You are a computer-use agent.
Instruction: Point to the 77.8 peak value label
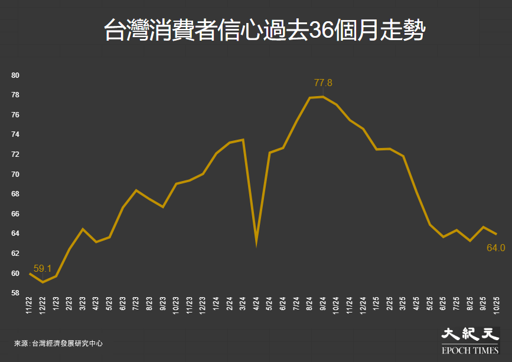coord(323,83)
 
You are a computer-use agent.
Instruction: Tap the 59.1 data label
coord(43,269)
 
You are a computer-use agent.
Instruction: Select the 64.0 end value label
coord(495,248)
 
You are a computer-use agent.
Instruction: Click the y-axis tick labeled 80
coord(16,75)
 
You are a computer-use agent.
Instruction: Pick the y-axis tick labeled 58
coord(16,293)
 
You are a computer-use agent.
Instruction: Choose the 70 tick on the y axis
coord(16,175)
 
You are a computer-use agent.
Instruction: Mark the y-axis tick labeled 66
coord(16,214)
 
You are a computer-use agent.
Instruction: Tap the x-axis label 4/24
coord(256,305)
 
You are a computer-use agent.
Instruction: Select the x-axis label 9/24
coord(323,305)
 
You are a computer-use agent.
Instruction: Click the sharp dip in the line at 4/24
coord(256,242)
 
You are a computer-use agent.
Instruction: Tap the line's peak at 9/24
coord(323,97)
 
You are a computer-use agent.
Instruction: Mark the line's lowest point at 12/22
coord(43,282)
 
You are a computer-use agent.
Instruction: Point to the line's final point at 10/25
coord(496,234)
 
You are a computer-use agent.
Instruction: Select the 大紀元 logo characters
coord(467,335)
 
